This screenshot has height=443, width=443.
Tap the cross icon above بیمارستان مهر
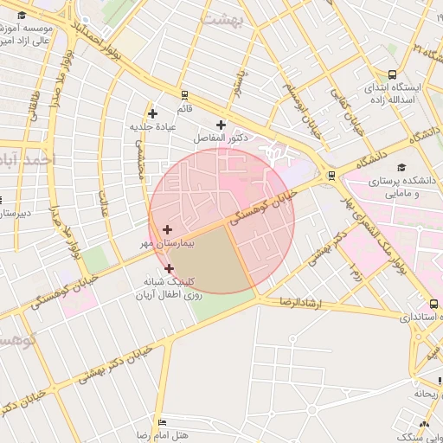[x=167, y=229]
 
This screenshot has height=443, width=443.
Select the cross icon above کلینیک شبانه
[x=169, y=268]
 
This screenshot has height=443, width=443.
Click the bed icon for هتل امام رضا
[x=162, y=421]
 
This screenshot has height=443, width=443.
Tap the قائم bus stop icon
[x=183, y=95]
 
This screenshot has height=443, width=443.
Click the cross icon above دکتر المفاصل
[x=221, y=125]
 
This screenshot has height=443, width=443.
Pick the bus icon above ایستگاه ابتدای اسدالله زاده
[x=393, y=75]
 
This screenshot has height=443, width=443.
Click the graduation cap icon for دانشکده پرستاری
[x=400, y=167]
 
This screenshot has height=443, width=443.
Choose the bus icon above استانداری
[x=433, y=304]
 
